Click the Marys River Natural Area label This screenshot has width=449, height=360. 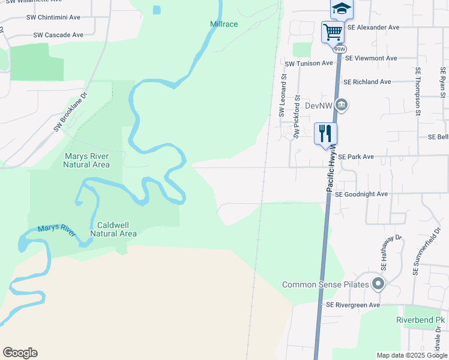click(x=87, y=160)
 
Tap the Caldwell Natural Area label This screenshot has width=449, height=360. click(x=113, y=229)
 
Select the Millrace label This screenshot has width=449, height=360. click(x=224, y=25)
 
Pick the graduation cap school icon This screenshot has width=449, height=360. click(x=341, y=8)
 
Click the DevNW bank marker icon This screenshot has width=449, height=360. click(x=341, y=105)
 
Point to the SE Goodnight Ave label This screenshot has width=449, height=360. click(x=361, y=194)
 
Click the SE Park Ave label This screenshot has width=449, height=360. click(x=356, y=157)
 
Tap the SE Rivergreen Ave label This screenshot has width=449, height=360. click(x=353, y=305)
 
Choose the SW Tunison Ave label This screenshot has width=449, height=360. click(x=309, y=63)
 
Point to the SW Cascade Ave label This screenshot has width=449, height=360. click(x=58, y=35)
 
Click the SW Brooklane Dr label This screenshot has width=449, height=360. click(x=70, y=112)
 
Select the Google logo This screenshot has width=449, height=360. click(x=20, y=353)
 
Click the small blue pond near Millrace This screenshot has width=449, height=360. click(x=157, y=10)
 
